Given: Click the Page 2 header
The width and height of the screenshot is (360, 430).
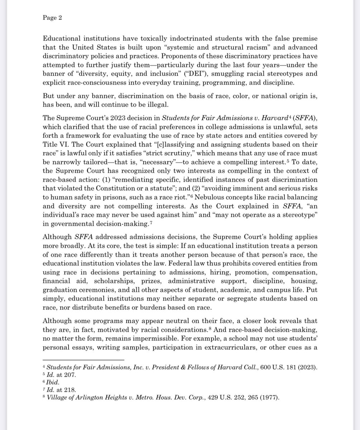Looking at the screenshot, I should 52,19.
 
